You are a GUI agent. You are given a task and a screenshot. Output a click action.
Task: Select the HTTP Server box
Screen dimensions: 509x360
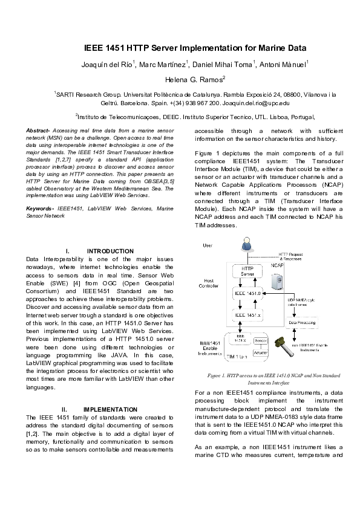point(247,271)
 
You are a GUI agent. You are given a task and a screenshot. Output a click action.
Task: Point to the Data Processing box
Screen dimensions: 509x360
point(303,323)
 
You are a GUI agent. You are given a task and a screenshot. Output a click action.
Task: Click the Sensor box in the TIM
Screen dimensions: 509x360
point(261,342)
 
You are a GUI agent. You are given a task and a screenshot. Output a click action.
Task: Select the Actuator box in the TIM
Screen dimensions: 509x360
point(261,352)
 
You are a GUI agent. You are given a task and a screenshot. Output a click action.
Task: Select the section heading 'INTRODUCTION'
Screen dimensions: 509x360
point(110,251)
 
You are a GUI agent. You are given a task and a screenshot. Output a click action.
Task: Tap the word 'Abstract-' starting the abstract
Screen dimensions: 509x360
point(38,131)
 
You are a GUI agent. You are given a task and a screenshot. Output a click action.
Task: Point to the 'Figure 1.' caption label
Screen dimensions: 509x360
point(217,375)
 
